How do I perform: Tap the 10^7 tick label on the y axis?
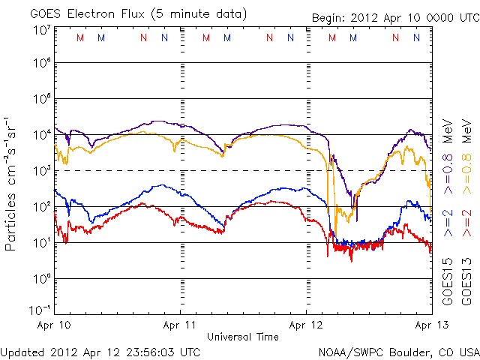point(40,30)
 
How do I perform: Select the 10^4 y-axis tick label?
point(40,135)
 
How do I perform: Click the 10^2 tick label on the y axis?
point(40,206)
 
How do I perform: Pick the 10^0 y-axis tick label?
point(40,278)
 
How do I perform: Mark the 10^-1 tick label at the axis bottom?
point(39,310)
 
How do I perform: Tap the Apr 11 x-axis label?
point(181,326)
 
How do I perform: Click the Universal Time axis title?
point(243,337)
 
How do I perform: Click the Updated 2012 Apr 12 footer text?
point(100,351)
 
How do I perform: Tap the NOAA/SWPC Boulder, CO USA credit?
point(398,351)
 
